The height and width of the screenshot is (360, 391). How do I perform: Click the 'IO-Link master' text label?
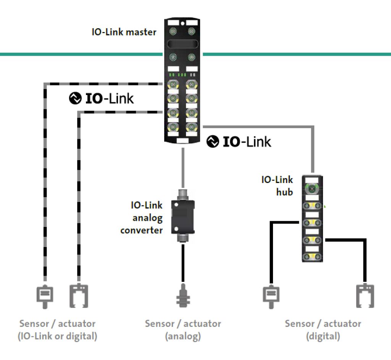[124, 32]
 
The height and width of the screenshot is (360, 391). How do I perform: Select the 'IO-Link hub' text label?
[277, 185]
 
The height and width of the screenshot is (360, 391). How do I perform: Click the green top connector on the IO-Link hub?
[312, 188]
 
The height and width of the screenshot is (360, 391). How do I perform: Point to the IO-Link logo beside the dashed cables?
[102, 98]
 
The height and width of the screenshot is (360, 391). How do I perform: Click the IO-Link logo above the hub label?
[239, 142]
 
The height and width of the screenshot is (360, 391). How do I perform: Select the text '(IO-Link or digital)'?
[57, 337]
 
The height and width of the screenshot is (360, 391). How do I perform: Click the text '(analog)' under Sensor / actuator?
[183, 337]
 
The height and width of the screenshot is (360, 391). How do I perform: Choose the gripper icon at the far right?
[365, 295]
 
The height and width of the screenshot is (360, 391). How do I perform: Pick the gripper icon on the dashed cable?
[79, 295]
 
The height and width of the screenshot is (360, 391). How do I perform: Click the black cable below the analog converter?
[183, 263]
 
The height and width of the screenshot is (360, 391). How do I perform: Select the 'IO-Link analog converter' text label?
[142, 218]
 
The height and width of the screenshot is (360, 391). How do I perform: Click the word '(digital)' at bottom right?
[323, 337]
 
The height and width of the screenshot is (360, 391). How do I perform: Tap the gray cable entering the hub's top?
[313, 153]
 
